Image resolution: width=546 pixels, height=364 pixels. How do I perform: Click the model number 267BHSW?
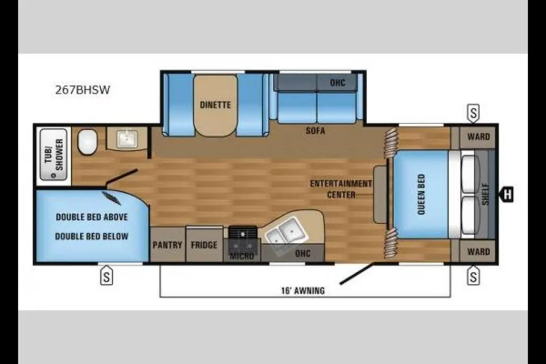coord(82,90)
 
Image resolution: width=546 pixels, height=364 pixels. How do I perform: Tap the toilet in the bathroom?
coord(88,142)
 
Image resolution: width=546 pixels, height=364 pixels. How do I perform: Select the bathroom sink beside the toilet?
coord(127,139)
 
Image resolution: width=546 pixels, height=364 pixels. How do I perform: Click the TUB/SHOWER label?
coord(54,155)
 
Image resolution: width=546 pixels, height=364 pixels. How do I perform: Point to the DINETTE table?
coord(216,105)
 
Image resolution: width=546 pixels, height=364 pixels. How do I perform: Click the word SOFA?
coord(316,131)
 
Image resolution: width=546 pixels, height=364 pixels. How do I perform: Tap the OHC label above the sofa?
coord(337,83)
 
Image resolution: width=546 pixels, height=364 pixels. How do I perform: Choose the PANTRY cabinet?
coord(167,245)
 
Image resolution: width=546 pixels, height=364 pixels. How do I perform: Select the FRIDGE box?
coord(204,245)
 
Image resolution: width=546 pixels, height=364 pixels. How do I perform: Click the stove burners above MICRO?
coord(243,232)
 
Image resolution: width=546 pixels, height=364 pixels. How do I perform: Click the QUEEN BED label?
coord(421,195)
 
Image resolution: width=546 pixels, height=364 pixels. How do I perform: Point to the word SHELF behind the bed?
coord(486,195)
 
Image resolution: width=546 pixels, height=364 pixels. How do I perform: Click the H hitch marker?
coord(507,194)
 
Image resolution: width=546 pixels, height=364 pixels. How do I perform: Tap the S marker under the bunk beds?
coord(106,276)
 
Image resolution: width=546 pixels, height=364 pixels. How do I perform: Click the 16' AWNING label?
coord(303,291)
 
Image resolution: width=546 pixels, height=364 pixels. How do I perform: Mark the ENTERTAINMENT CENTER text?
coord(341,189)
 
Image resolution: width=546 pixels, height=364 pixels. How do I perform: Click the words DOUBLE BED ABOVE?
coord(92,217)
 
